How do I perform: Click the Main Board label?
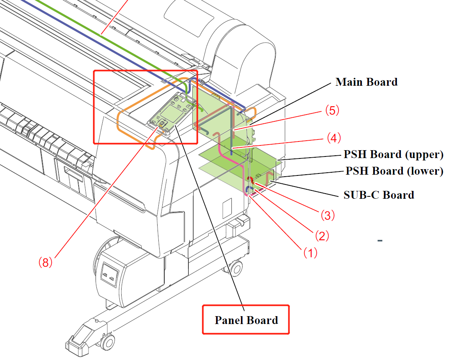pyautogui.click(x=366, y=82)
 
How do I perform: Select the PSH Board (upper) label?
pyautogui.click(x=393, y=155)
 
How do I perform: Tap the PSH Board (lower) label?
pyautogui.click(x=394, y=171)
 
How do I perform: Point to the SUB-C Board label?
pyautogui.click(x=379, y=195)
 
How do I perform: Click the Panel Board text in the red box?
pyautogui.click(x=246, y=320)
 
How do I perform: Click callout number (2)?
pyautogui.click(x=322, y=236)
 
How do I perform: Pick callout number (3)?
pyautogui.click(x=327, y=215)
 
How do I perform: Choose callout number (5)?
pyautogui.click(x=332, y=111)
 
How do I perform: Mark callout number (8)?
pyautogui.click(x=45, y=262)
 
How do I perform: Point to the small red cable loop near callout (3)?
pyautogui.click(x=250, y=179)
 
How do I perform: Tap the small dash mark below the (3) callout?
pyautogui.click(x=380, y=240)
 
